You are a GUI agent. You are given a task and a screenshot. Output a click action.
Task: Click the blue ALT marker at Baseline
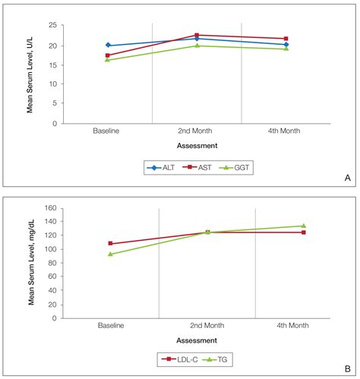point(108,46)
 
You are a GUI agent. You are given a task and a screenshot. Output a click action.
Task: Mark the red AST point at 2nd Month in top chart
point(197,35)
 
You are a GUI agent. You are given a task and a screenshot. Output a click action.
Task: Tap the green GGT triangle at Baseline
point(108,59)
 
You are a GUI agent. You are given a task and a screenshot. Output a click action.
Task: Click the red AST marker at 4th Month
point(286,39)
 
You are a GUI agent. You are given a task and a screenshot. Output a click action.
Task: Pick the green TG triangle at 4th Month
point(303,226)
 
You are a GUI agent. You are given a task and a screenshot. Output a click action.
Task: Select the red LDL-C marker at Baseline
point(111,244)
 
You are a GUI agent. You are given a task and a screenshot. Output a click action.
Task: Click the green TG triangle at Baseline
point(111,254)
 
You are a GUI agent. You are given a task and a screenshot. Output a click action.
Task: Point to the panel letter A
point(347,178)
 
